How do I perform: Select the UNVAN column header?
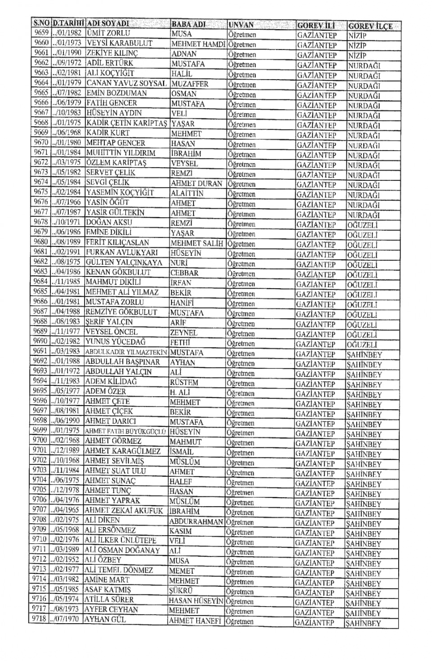tap(241, 25)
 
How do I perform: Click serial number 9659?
tap(41, 33)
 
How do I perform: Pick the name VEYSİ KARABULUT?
tap(119, 43)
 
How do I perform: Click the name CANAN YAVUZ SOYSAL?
tap(126, 83)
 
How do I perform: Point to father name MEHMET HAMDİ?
tap(198, 44)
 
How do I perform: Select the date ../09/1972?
tap(67, 63)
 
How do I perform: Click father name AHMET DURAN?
tap(197, 183)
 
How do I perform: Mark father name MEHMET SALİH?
tap(197, 243)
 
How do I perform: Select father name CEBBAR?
tap(184, 273)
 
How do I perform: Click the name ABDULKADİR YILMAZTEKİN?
tap(126, 352)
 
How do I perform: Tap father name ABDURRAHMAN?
tap(196, 522)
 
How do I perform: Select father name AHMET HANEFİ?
tap(195, 621)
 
